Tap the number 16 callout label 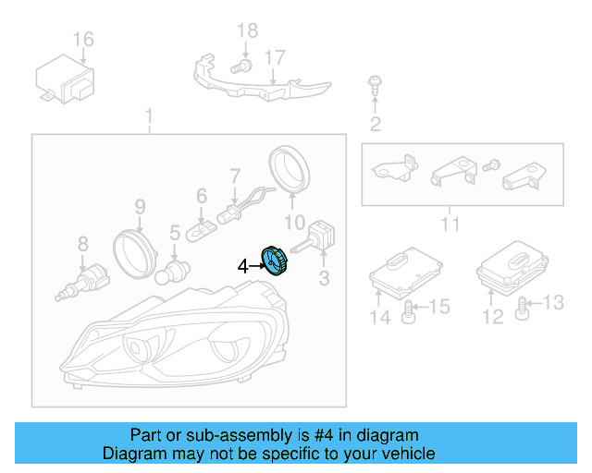[83, 39]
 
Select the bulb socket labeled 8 [84, 280]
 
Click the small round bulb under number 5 [173, 273]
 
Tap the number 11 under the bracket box [450, 224]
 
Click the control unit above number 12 [509, 266]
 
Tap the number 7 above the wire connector [235, 174]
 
